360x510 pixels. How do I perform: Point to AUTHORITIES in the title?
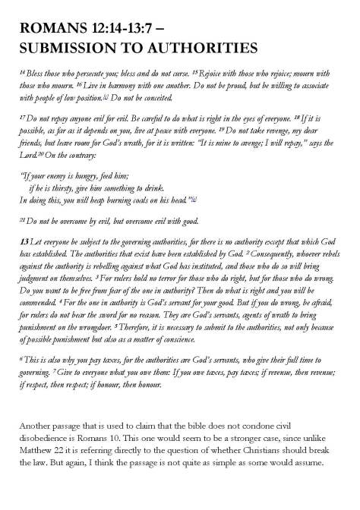(x=203, y=49)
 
